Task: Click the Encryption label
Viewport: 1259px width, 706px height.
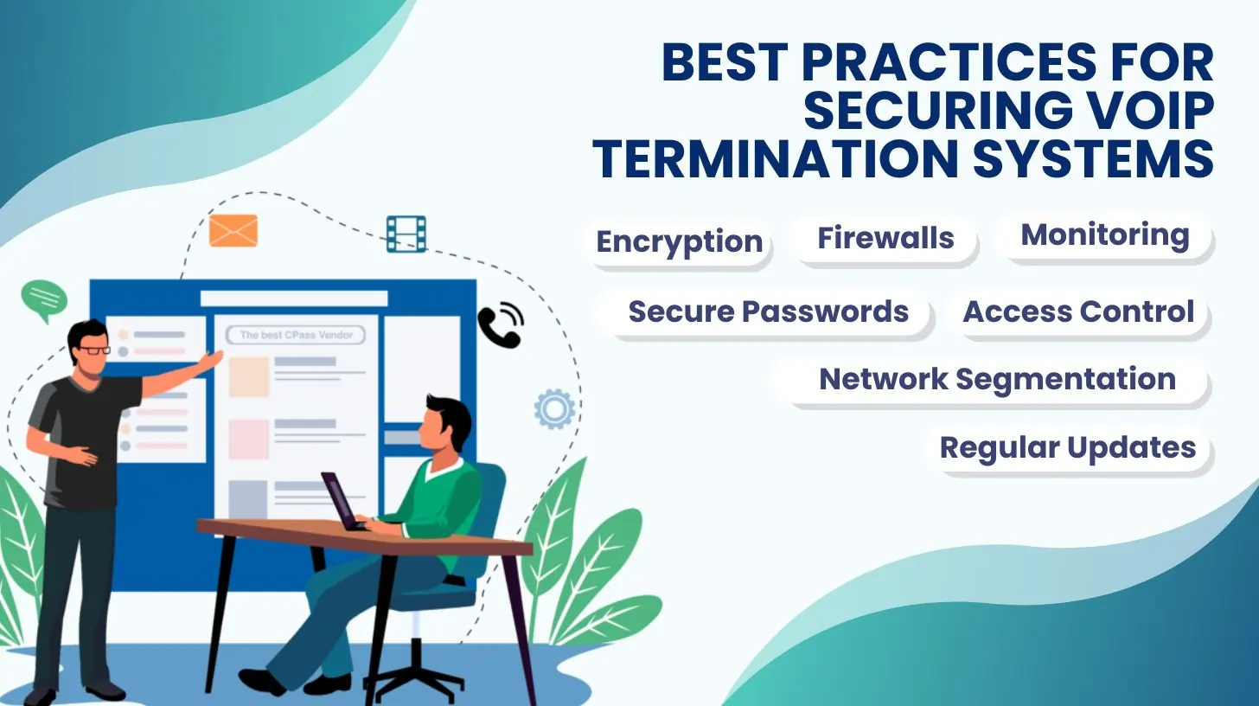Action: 680,242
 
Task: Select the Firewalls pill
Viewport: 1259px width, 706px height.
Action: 885,239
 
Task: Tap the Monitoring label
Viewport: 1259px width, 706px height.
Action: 1105,235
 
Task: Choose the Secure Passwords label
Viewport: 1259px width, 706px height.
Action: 769,311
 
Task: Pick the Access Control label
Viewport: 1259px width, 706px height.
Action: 1078,311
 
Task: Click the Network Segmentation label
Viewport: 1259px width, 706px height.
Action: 997,379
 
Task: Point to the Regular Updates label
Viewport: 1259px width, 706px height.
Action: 1068,448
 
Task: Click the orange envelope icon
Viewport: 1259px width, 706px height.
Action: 233,231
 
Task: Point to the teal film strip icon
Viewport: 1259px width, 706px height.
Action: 406,234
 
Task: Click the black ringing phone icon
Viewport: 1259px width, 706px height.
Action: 501,325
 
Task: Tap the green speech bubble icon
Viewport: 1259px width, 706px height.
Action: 44,300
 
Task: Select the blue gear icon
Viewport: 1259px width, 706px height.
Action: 554,409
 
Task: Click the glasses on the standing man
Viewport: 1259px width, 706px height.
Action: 93,350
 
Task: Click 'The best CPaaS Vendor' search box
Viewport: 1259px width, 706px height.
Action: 296,336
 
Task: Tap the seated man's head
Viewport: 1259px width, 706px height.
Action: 445,424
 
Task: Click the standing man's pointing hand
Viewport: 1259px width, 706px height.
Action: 213,360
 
